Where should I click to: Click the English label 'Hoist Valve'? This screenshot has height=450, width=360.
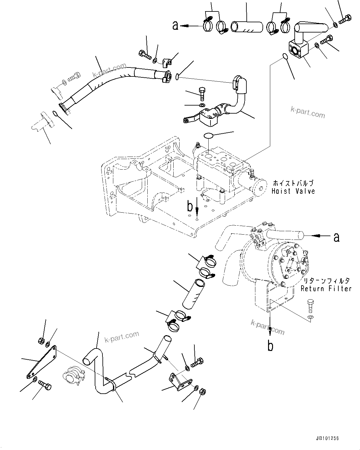coord(293,191)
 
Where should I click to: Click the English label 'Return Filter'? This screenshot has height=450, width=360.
coord(326,289)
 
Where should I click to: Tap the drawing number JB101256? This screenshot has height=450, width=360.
coord(327,439)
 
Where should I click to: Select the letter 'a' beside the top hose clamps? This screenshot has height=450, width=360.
coord(176,26)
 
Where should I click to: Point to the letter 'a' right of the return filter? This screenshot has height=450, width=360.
coord(336,237)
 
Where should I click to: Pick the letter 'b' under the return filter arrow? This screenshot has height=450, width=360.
coord(270,346)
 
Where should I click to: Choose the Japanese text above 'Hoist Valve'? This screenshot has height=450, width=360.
coord(293,183)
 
